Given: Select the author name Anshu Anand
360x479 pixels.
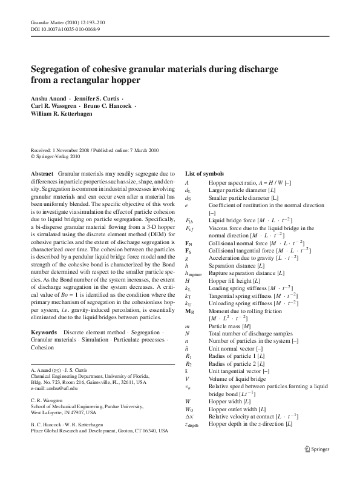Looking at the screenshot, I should tap(48, 98).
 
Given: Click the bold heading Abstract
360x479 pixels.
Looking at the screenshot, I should tap(42, 173).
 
